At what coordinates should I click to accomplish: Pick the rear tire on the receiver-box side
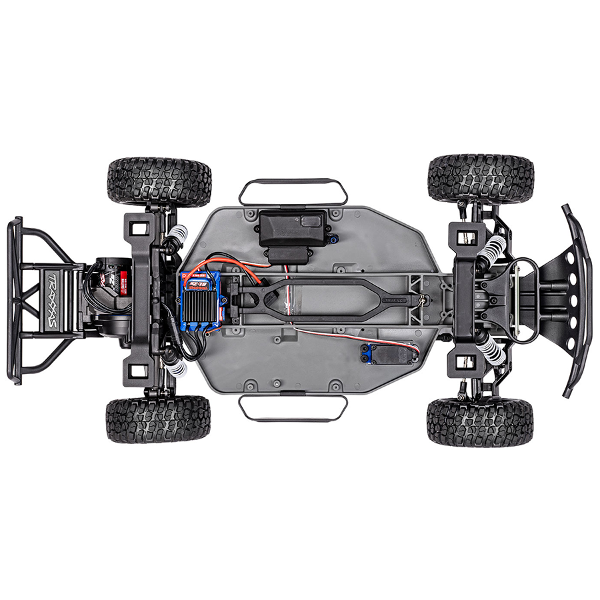tap(159, 181)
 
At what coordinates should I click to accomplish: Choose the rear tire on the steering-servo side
tap(158, 419)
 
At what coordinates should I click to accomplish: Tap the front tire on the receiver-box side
tap(481, 179)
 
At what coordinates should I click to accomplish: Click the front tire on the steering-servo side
tap(480, 422)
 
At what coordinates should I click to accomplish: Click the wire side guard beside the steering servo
tap(293, 408)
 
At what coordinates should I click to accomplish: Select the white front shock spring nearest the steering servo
tap(492, 348)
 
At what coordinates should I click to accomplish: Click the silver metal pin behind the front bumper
tap(516, 299)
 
